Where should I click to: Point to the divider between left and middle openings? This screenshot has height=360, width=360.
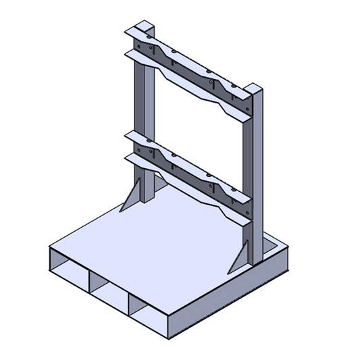click(88, 278)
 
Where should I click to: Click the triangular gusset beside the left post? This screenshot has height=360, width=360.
click(132, 196)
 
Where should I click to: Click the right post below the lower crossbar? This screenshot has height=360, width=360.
click(255, 236)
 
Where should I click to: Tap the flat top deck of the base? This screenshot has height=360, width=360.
click(162, 243)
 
